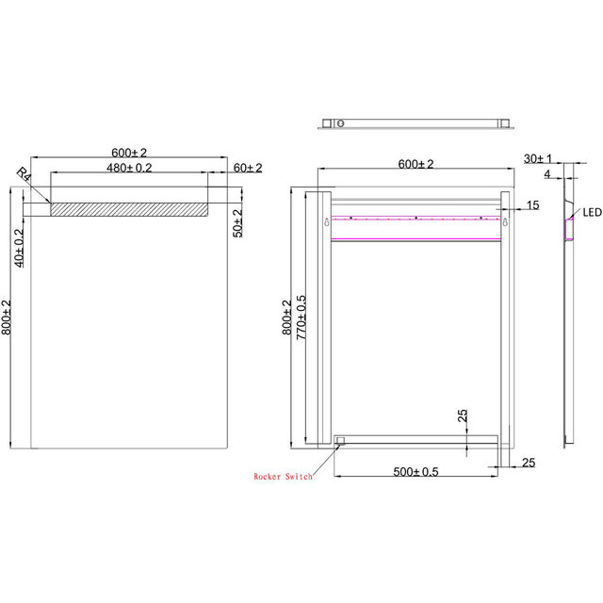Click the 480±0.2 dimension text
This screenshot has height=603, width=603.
pyautogui.click(x=129, y=167)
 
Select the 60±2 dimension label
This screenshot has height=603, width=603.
pyautogui.click(x=247, y=167)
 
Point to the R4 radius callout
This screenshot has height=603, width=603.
pyautogui.click(x=24, y=173)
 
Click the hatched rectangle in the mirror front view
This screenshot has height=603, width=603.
pyautogui.click(x=128, y=208)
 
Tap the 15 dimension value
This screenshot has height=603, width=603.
pyautogui.click(x=532, y=204)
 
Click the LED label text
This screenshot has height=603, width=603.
pyautogui.click(x=591, y=213)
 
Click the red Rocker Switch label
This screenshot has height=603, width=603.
pyautogui.click(x=283, y=477)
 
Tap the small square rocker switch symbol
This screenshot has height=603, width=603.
pyautogui.click(x=341, y=439)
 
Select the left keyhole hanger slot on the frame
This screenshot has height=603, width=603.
pyautogui.click(x=326, y=223)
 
